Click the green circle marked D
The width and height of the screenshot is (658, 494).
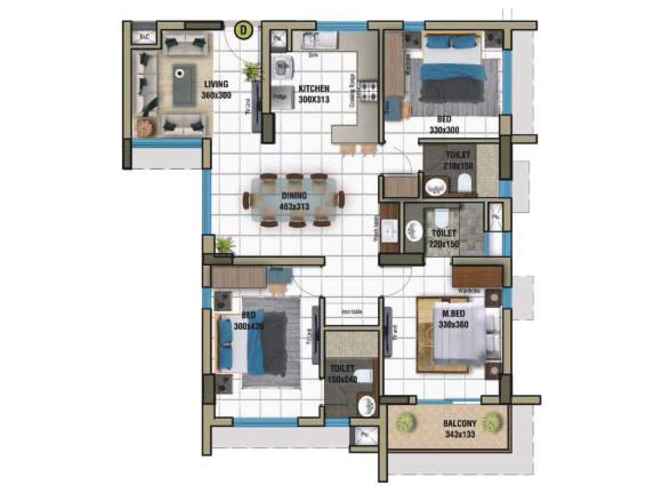pos(243,30)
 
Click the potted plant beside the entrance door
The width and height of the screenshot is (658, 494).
pos(251,72)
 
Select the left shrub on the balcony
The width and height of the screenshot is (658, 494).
pos(406,422)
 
